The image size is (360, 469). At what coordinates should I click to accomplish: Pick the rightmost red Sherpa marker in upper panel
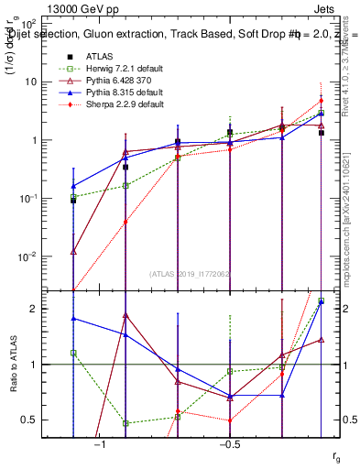point(321,101)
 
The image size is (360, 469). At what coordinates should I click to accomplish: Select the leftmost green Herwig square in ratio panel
point(73,353)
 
